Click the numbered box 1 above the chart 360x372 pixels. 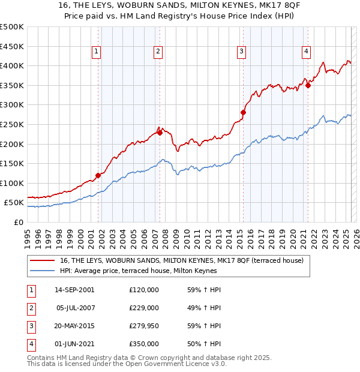[96, 52]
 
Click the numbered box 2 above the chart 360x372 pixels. [157, 52]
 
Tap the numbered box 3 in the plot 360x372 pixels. [241, 52]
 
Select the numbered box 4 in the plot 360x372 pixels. [306, 52]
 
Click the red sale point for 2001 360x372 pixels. [98, 175]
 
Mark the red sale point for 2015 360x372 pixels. [244, 112]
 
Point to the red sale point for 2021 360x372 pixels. [308, 85]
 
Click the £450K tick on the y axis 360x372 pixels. [12, 46]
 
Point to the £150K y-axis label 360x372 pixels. [12, 163]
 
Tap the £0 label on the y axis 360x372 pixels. [19, 222]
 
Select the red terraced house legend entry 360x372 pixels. [182, 260]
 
